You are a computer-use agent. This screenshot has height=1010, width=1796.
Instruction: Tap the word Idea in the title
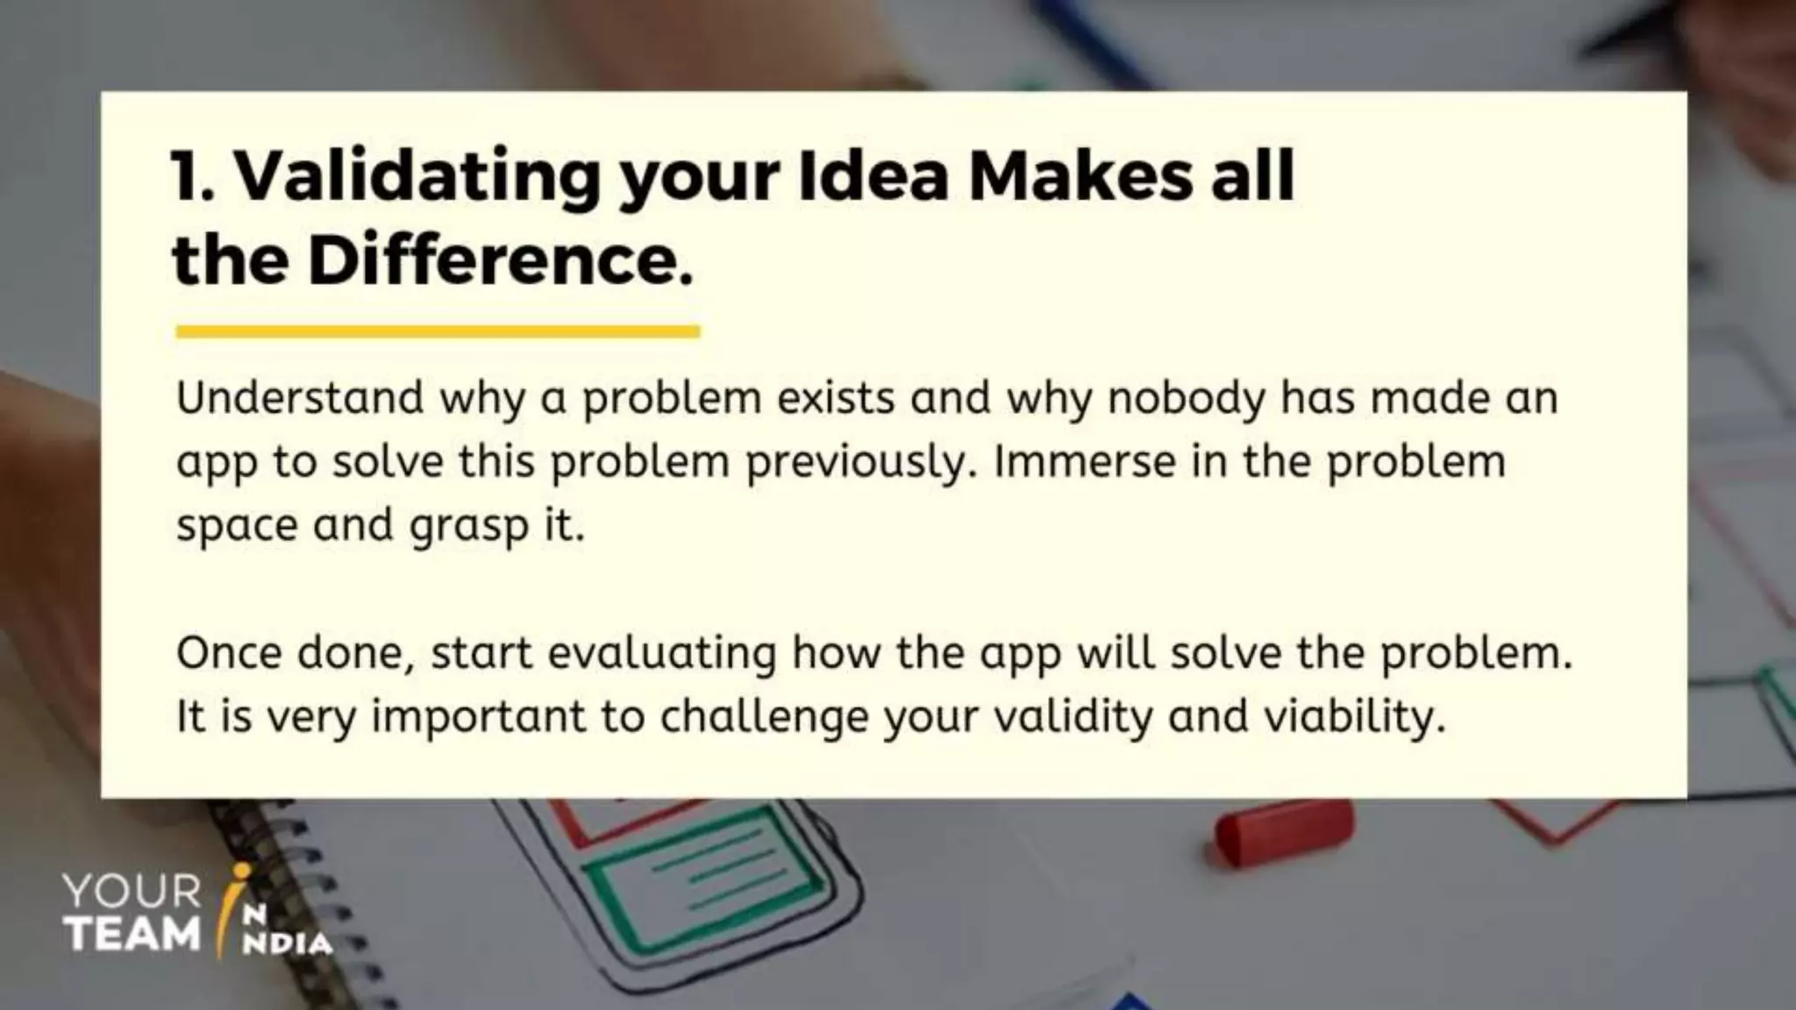point(873,175)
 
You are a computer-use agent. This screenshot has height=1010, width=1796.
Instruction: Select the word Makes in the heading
point(1080,175)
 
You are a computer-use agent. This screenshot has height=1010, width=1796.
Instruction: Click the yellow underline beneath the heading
point(438,331)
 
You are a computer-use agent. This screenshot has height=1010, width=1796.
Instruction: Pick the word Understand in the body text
point(300,398)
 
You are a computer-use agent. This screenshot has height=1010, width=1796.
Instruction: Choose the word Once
point(229,653)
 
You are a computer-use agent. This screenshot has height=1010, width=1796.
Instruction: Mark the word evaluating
point(662,653)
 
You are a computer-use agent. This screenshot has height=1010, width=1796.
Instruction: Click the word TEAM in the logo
point(133,934)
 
